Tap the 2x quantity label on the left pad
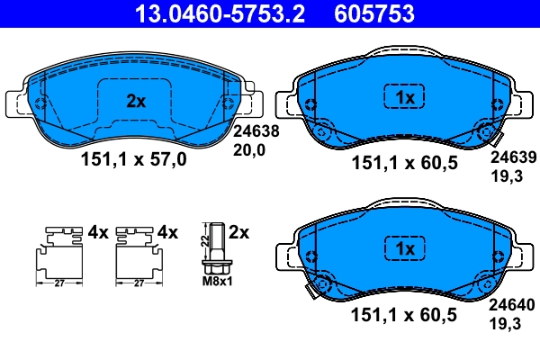(135, 102)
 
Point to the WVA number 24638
(256, 130)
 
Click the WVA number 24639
(511, 155)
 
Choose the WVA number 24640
(511, 305)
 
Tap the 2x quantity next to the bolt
(238, 232)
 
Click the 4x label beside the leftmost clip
(97, 232)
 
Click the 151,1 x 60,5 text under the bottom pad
(403, 314)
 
